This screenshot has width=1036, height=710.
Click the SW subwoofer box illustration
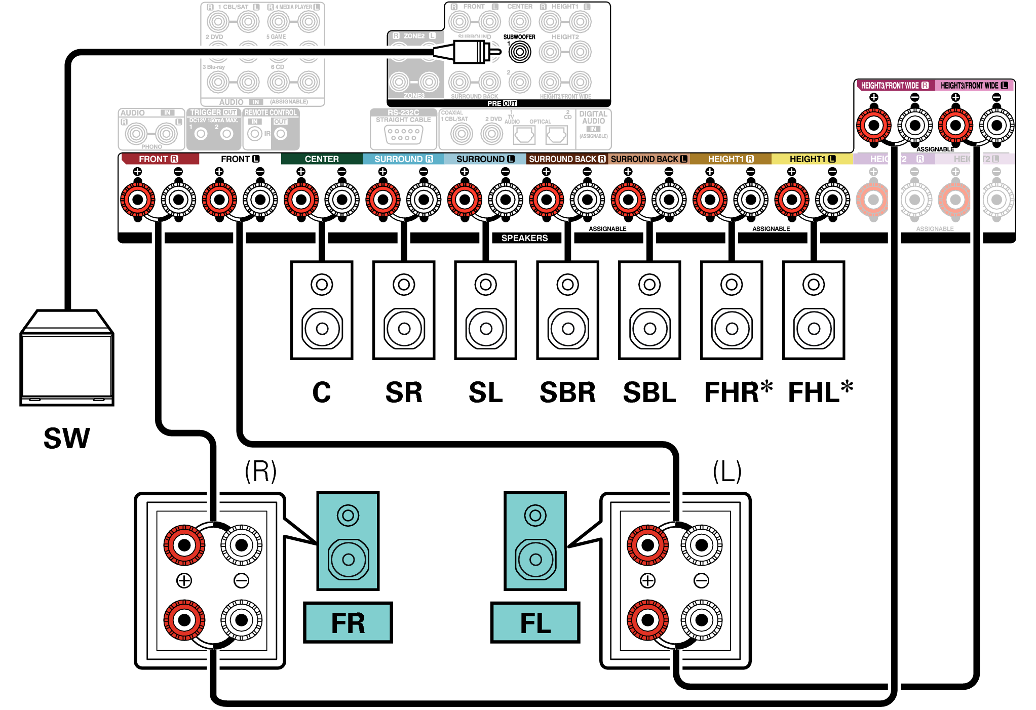66,360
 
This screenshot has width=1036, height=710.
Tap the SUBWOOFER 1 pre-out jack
519,52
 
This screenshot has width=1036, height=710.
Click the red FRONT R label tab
159,159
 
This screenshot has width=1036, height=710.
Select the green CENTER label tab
322,159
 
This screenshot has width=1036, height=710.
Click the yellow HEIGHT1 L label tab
812,159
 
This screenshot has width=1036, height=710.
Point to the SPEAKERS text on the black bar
524,238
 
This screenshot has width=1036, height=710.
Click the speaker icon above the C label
322,310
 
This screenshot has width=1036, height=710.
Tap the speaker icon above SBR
567,310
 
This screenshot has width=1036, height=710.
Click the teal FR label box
348,622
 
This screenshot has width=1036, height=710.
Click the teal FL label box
535,622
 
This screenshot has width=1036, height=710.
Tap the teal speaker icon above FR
348,541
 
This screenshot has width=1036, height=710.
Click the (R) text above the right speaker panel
260,471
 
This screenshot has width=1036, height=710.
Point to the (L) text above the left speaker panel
727,471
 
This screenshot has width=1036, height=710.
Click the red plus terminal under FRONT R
137,199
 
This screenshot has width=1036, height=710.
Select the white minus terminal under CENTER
342,199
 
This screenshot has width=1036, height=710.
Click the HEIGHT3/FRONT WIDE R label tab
895,86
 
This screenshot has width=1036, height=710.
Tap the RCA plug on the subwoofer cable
471,52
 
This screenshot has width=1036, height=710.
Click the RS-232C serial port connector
403,135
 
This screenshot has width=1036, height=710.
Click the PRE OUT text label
502,103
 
